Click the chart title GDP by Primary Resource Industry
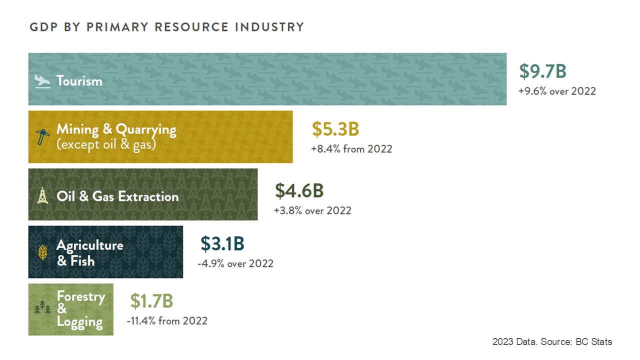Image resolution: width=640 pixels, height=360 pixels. (x=166, y=27)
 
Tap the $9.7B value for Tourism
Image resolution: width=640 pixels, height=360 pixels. (x=542, y=71)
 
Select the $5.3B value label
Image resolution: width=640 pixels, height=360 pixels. (x=335, y=129)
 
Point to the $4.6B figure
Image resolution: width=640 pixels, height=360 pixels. (x=299, y=191)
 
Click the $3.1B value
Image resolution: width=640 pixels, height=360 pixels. (x=222, y=243)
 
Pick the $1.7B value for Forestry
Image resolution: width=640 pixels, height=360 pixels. (x=151, y=301)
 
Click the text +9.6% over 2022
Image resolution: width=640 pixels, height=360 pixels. (x=557, y=91)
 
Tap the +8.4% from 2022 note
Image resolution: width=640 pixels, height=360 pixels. (x=351, y=149)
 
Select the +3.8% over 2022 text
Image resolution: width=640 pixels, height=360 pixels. (x=312, y=210)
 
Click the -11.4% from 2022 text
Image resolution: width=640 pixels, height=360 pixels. (x=166, y=321)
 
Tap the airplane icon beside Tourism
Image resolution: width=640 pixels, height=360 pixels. (x=42, y=81)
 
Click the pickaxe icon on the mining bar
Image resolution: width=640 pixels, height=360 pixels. (x=43, y=136)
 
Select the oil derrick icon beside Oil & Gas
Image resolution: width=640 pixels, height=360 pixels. (x=42, y=195)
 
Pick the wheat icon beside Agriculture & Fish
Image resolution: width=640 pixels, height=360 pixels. (x=43, y=252)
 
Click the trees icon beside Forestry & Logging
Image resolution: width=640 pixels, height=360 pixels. (x=42, y=309)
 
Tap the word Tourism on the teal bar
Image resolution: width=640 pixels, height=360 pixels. (x=79, y=81)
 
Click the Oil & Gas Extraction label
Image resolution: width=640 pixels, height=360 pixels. (x=117, y=196)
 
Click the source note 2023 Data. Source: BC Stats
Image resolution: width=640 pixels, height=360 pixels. (x=552, y=342)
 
